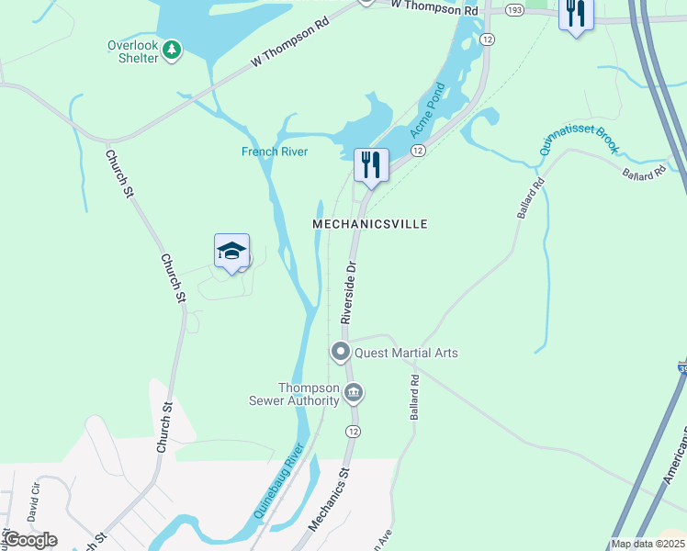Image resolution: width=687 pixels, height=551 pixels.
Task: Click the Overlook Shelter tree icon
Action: click(172, 50)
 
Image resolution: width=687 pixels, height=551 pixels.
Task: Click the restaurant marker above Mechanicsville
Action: click(371, 165)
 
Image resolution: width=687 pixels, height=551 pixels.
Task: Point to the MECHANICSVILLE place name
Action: click(370, 224)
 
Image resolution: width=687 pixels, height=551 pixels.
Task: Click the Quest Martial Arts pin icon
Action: click(341, 352)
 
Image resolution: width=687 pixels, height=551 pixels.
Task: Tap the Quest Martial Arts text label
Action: click(406, 353)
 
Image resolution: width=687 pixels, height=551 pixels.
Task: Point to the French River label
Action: click(275, 152)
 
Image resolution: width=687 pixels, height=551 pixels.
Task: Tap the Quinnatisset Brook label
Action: click(569, 141)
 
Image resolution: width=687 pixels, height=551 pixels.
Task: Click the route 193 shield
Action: click(514, 9)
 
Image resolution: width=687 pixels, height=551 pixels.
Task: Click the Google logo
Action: click(29, 540)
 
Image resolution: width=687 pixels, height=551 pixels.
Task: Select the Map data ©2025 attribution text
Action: click(648, 544)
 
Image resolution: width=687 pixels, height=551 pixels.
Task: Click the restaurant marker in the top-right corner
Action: click(576, 14)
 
